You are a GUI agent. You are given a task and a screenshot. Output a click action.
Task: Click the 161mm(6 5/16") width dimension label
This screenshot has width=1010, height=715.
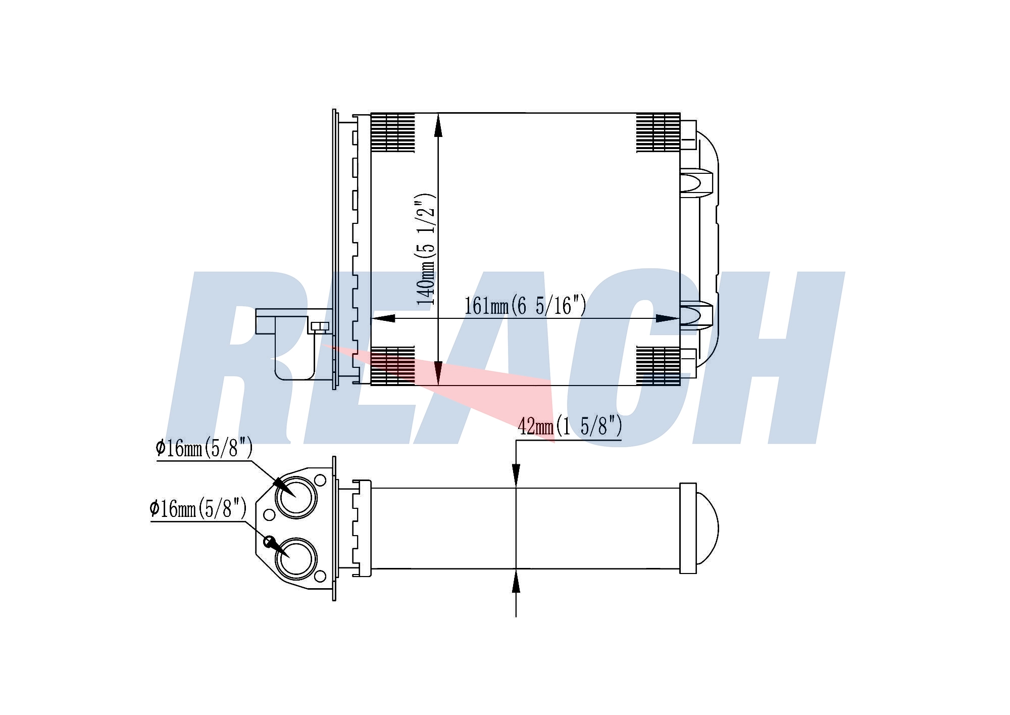pos(525,306)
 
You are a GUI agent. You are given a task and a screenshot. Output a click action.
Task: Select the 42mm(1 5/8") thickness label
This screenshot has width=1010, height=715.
pos(570,426)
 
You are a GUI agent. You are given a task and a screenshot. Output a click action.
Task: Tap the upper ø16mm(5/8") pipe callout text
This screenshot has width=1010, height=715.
pos(205,448)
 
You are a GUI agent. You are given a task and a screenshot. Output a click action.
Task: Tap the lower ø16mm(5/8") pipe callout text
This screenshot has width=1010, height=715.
pos(198,508)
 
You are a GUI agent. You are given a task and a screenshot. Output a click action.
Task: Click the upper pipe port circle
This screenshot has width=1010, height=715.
pos(296,497)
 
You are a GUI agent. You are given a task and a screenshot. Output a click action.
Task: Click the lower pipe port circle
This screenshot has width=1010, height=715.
pos(296,558)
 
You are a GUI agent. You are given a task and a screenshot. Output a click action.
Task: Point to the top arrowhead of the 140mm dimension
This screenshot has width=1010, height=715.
pos(438,125)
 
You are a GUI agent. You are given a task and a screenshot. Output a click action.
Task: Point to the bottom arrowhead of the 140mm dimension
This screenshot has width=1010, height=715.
pos(438,373)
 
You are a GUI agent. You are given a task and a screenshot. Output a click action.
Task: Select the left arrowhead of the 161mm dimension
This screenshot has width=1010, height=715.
pos(383,318)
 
